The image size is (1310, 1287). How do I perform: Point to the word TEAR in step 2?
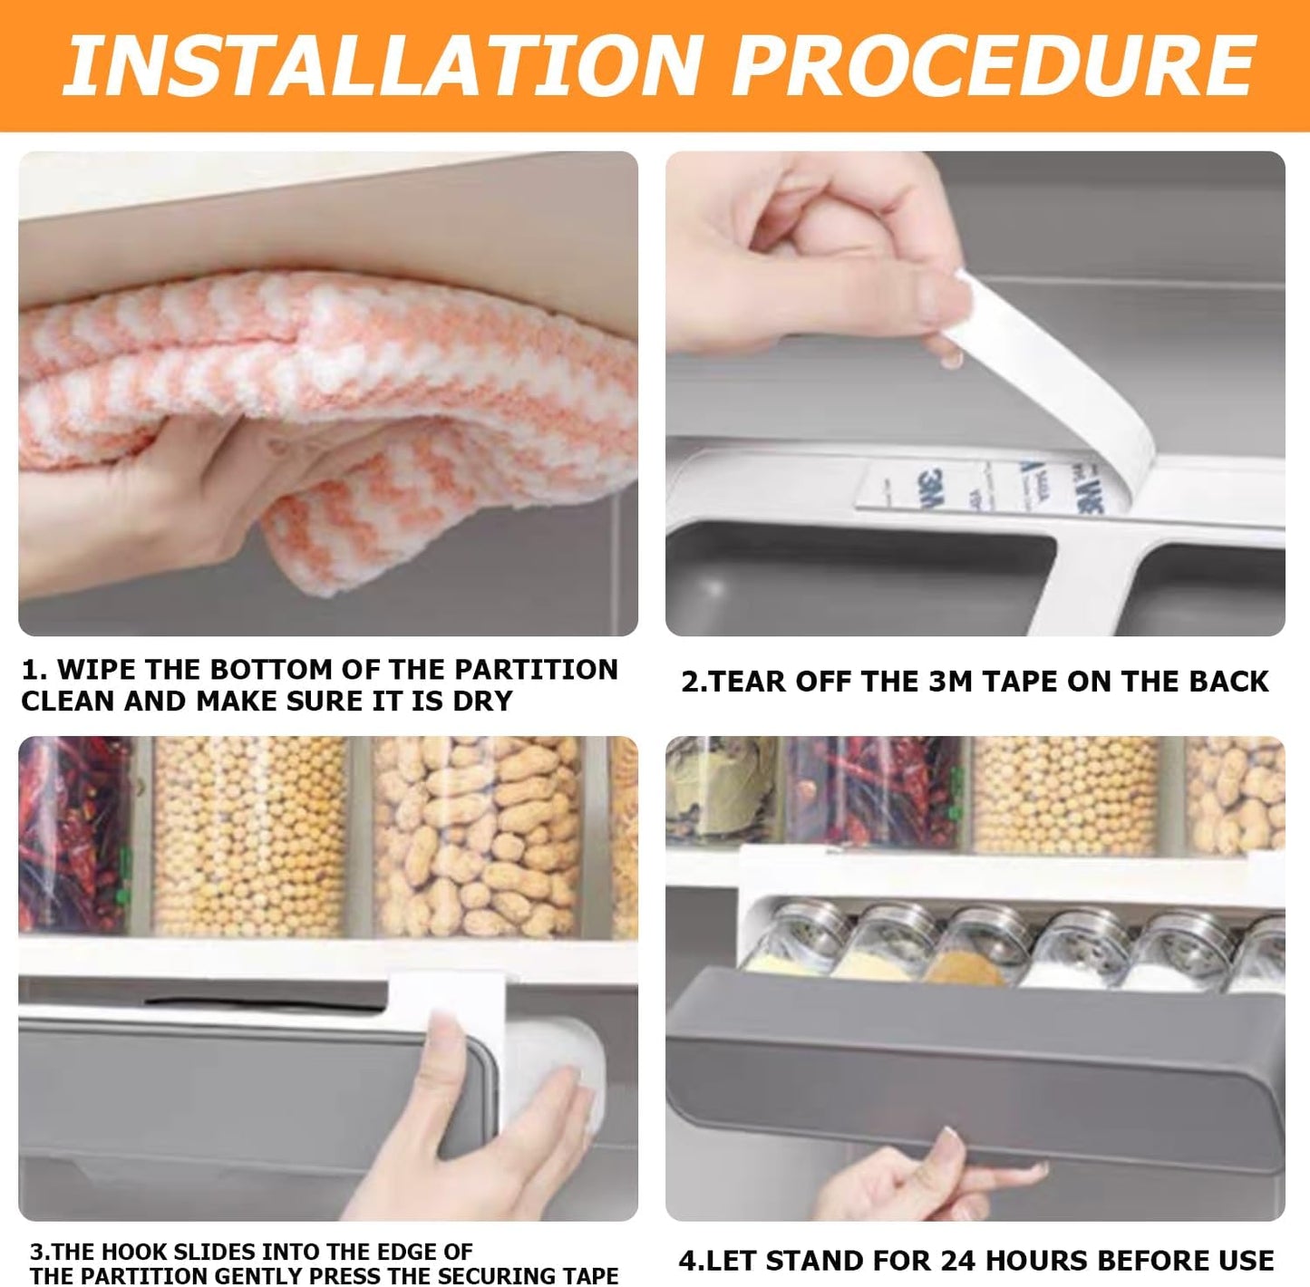(x=746, y=682)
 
